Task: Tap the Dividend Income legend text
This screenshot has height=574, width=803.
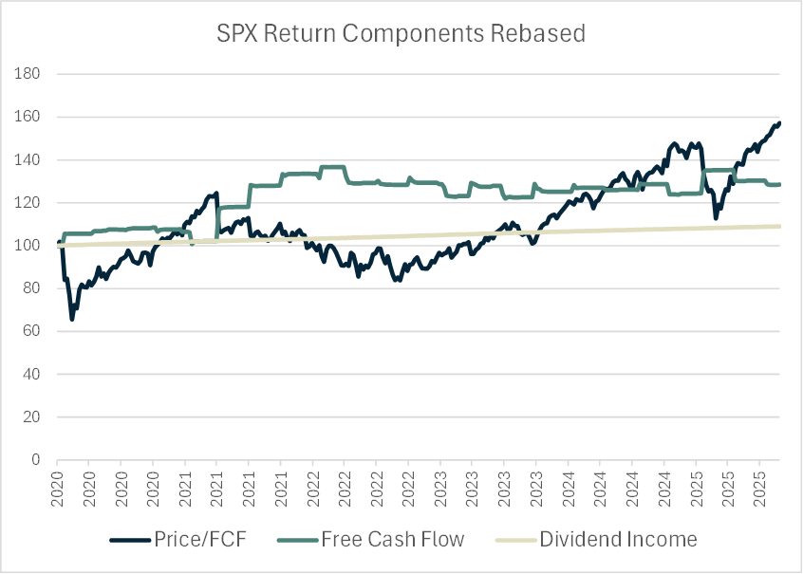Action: (x=618, y=540)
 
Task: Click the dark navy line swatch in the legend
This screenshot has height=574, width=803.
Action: (x=132, y=540)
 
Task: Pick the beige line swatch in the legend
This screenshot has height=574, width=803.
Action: (x=515, y=540)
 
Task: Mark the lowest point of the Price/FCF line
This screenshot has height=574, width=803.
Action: (x=72, y=319)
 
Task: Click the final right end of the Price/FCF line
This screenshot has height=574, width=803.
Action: (x=779, y=122)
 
